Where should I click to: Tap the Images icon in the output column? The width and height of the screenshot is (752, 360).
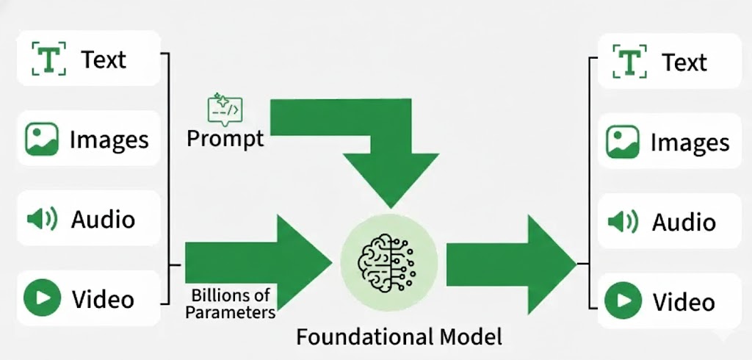point(623,143)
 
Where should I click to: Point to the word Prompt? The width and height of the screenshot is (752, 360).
point(225,137)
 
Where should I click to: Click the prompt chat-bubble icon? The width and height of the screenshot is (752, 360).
point(225,109)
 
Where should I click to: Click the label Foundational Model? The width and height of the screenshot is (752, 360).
point(399,337)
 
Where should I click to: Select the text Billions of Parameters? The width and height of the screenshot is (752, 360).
point(231,304)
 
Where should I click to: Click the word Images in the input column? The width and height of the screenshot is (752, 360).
point(109,140)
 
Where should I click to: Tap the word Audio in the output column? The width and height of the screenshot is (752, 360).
point(683,223)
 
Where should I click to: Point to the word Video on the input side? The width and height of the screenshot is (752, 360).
point(103,299)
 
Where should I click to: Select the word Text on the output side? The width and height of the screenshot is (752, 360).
point(684,62)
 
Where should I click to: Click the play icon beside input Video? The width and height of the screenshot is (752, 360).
point(42,298)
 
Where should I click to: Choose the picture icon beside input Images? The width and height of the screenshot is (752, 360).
point(42,139)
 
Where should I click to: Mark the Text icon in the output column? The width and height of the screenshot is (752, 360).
point(629,62)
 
